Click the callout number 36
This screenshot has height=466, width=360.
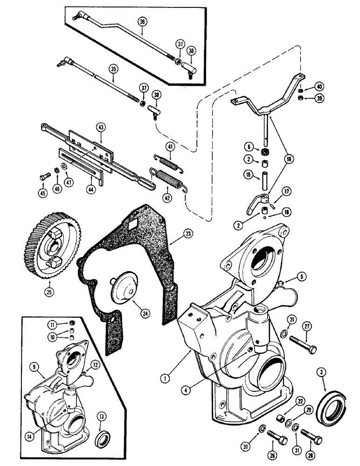(142, 21)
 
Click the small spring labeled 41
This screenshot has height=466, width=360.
(166, 162)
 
